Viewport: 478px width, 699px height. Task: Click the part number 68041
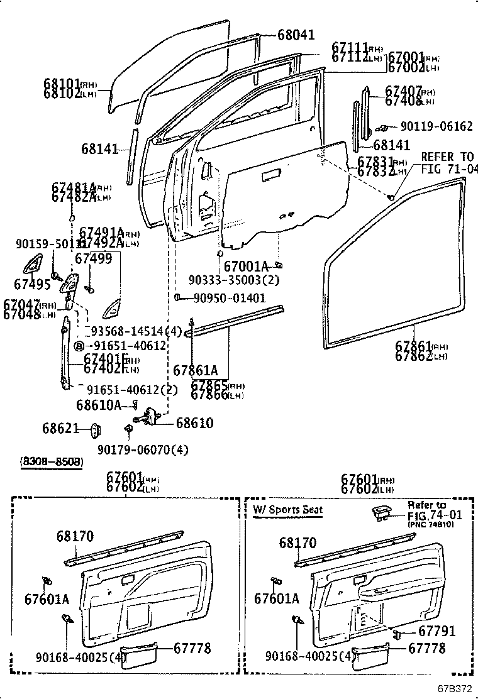[x=296, y=35]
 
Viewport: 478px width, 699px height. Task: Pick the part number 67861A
[x=196, y=371]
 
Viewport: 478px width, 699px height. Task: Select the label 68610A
[x=99, y=405]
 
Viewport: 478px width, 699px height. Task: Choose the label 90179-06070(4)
[x=143, y=450]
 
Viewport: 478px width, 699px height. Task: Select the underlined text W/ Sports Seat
[x=288, y=510]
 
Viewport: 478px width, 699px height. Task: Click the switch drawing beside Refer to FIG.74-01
[x=381, y=512]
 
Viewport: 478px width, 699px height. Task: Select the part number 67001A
[x=246, y=265]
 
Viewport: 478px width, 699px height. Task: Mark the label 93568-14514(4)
[x=136, y=331]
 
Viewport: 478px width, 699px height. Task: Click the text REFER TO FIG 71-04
[x=448, y=162]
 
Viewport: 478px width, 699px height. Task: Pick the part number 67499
[x=93, y=258]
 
